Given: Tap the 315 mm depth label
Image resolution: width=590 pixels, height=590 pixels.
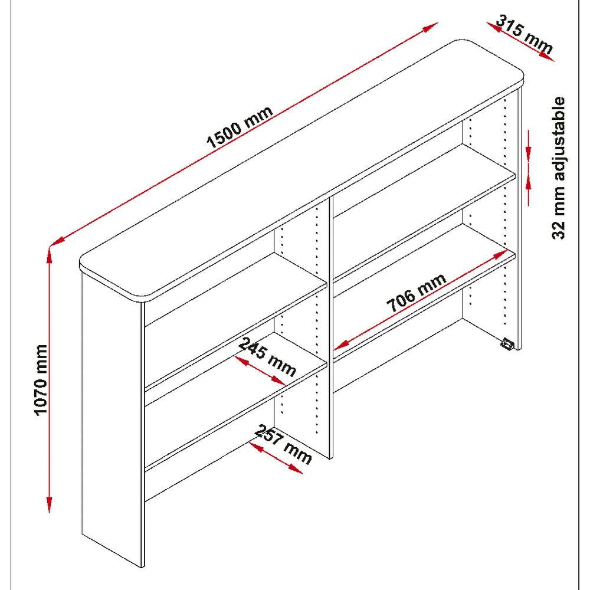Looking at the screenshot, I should tap(525, 34).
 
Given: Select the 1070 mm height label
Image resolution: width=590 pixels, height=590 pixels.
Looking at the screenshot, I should tap(41, 379).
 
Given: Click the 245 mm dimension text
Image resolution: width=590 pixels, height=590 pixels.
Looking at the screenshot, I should tap(266, 357).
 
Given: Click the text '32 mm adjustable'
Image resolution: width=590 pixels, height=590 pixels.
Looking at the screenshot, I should tap(559, 168).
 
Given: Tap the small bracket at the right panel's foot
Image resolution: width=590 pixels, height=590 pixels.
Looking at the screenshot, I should tap(506, 343).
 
